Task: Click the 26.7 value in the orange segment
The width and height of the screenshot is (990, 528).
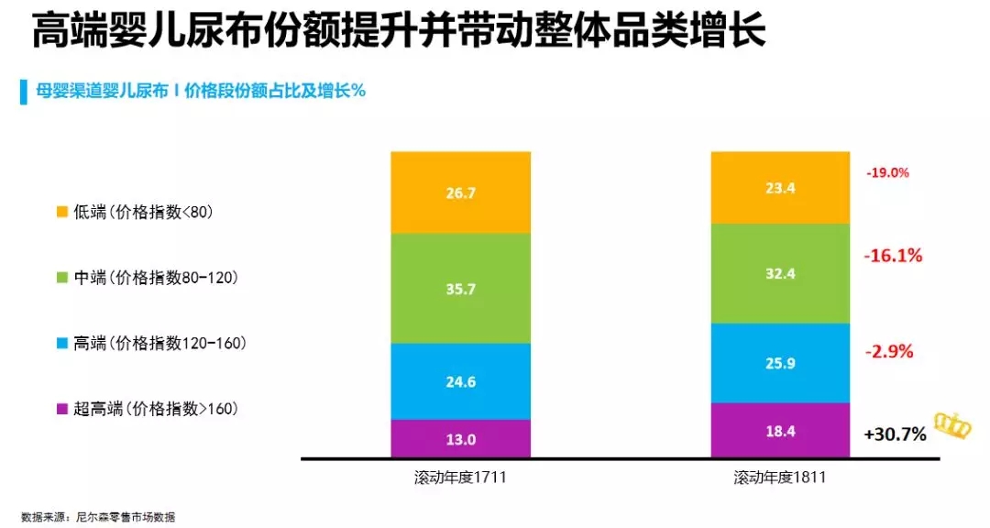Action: click(460, 193)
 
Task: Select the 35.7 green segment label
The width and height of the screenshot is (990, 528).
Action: click(460, 289)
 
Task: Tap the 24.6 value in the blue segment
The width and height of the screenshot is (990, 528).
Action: click(460, 382)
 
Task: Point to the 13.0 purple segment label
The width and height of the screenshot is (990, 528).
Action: click(460, 439)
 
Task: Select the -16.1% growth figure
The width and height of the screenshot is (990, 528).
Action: click(892, 256)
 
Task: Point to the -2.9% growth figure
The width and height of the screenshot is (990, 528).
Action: click(888, 352)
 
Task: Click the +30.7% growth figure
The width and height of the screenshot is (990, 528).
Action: click(895, 434)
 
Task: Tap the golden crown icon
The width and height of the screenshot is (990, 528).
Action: click(951, 424)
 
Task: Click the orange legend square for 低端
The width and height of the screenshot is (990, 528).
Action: click(62, 212)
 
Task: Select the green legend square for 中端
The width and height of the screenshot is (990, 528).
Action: click(62, 278)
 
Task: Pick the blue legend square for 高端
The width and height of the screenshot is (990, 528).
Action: click(62, 343)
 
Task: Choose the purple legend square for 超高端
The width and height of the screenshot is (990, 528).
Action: click(62, 409)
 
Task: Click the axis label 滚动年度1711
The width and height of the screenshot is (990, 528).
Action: click(460, 478)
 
